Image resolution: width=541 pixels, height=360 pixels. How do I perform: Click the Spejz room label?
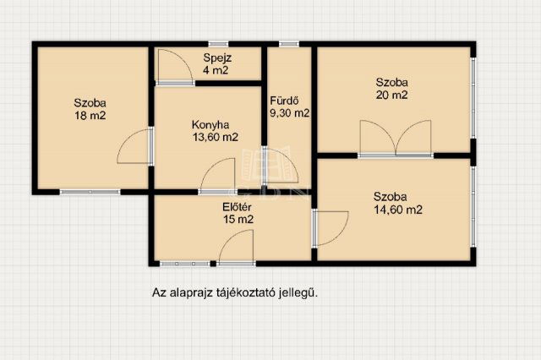pyautogui.click(x=218, y=57)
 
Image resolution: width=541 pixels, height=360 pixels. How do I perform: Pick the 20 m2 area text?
pyautogui.click(x=392, y=95)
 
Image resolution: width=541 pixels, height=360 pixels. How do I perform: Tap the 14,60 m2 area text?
pyautogui.click(x=398, y=210)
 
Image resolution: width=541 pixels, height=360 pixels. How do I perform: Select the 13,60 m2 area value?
pyautogui.click(x=216, y=136)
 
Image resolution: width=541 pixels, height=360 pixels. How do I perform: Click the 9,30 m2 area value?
pyautogui.click(x=289, y=112)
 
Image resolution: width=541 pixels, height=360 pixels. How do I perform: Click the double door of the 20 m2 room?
pyautogui.click(x=395, y=139)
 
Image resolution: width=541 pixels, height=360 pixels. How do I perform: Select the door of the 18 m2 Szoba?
pyautogui.click(x=135, y=149)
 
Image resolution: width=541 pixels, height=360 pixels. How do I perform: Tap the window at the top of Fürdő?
pyautogui.click(x=289, y=43)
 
